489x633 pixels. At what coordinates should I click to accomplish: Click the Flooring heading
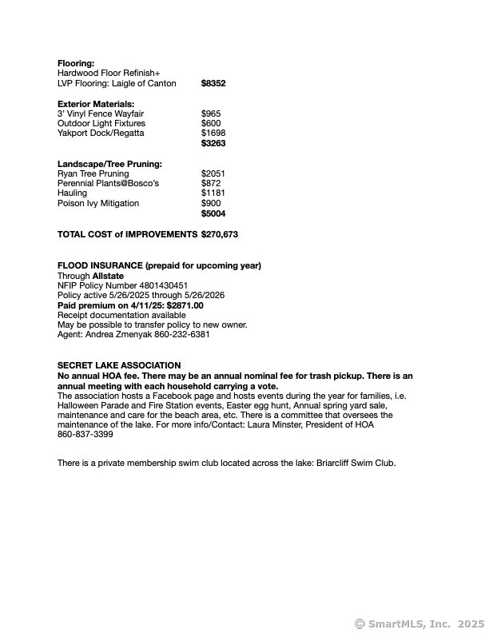tap(76, 63)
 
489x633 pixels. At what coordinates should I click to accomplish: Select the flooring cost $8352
tap(213, 83)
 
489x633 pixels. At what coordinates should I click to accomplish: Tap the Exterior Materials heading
tap(96, 104)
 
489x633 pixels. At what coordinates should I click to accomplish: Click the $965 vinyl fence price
tap(211, 114)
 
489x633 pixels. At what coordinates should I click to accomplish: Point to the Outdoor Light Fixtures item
tap(101, 124)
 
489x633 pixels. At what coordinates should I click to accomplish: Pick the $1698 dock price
tap(213, 133)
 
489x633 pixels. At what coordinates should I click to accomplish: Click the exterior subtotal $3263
tap(213, 144)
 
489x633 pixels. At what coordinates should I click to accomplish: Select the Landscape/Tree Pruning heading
tap(109, 164)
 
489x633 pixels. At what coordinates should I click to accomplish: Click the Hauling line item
tap(71, 193)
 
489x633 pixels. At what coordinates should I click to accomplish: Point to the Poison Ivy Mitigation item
tap(98, 203)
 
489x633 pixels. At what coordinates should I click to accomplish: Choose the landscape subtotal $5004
tap(213, 214)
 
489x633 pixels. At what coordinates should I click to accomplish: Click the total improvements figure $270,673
tap(220, 235)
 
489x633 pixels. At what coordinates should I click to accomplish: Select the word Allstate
tap(108, 276)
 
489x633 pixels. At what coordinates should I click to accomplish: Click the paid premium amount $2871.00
tap(185, 305)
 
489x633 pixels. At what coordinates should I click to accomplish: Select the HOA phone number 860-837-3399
tap(85, 435)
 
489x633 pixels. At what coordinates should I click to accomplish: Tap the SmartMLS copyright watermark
tap(419, 623)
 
